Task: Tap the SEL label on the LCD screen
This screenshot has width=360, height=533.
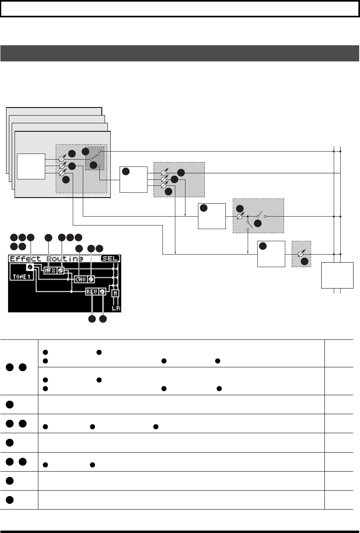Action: point(111,259)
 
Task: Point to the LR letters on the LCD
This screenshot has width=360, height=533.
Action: point(116,308)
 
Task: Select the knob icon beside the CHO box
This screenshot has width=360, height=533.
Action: point(91,279)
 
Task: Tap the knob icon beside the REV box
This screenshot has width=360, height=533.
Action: point(103,292)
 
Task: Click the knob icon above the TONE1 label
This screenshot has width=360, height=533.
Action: point(29,268)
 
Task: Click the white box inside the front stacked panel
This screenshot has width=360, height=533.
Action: point(31,166)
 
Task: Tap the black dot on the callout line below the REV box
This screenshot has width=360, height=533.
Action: point(92,319)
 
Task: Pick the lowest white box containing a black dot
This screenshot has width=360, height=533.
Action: point(271,254)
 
